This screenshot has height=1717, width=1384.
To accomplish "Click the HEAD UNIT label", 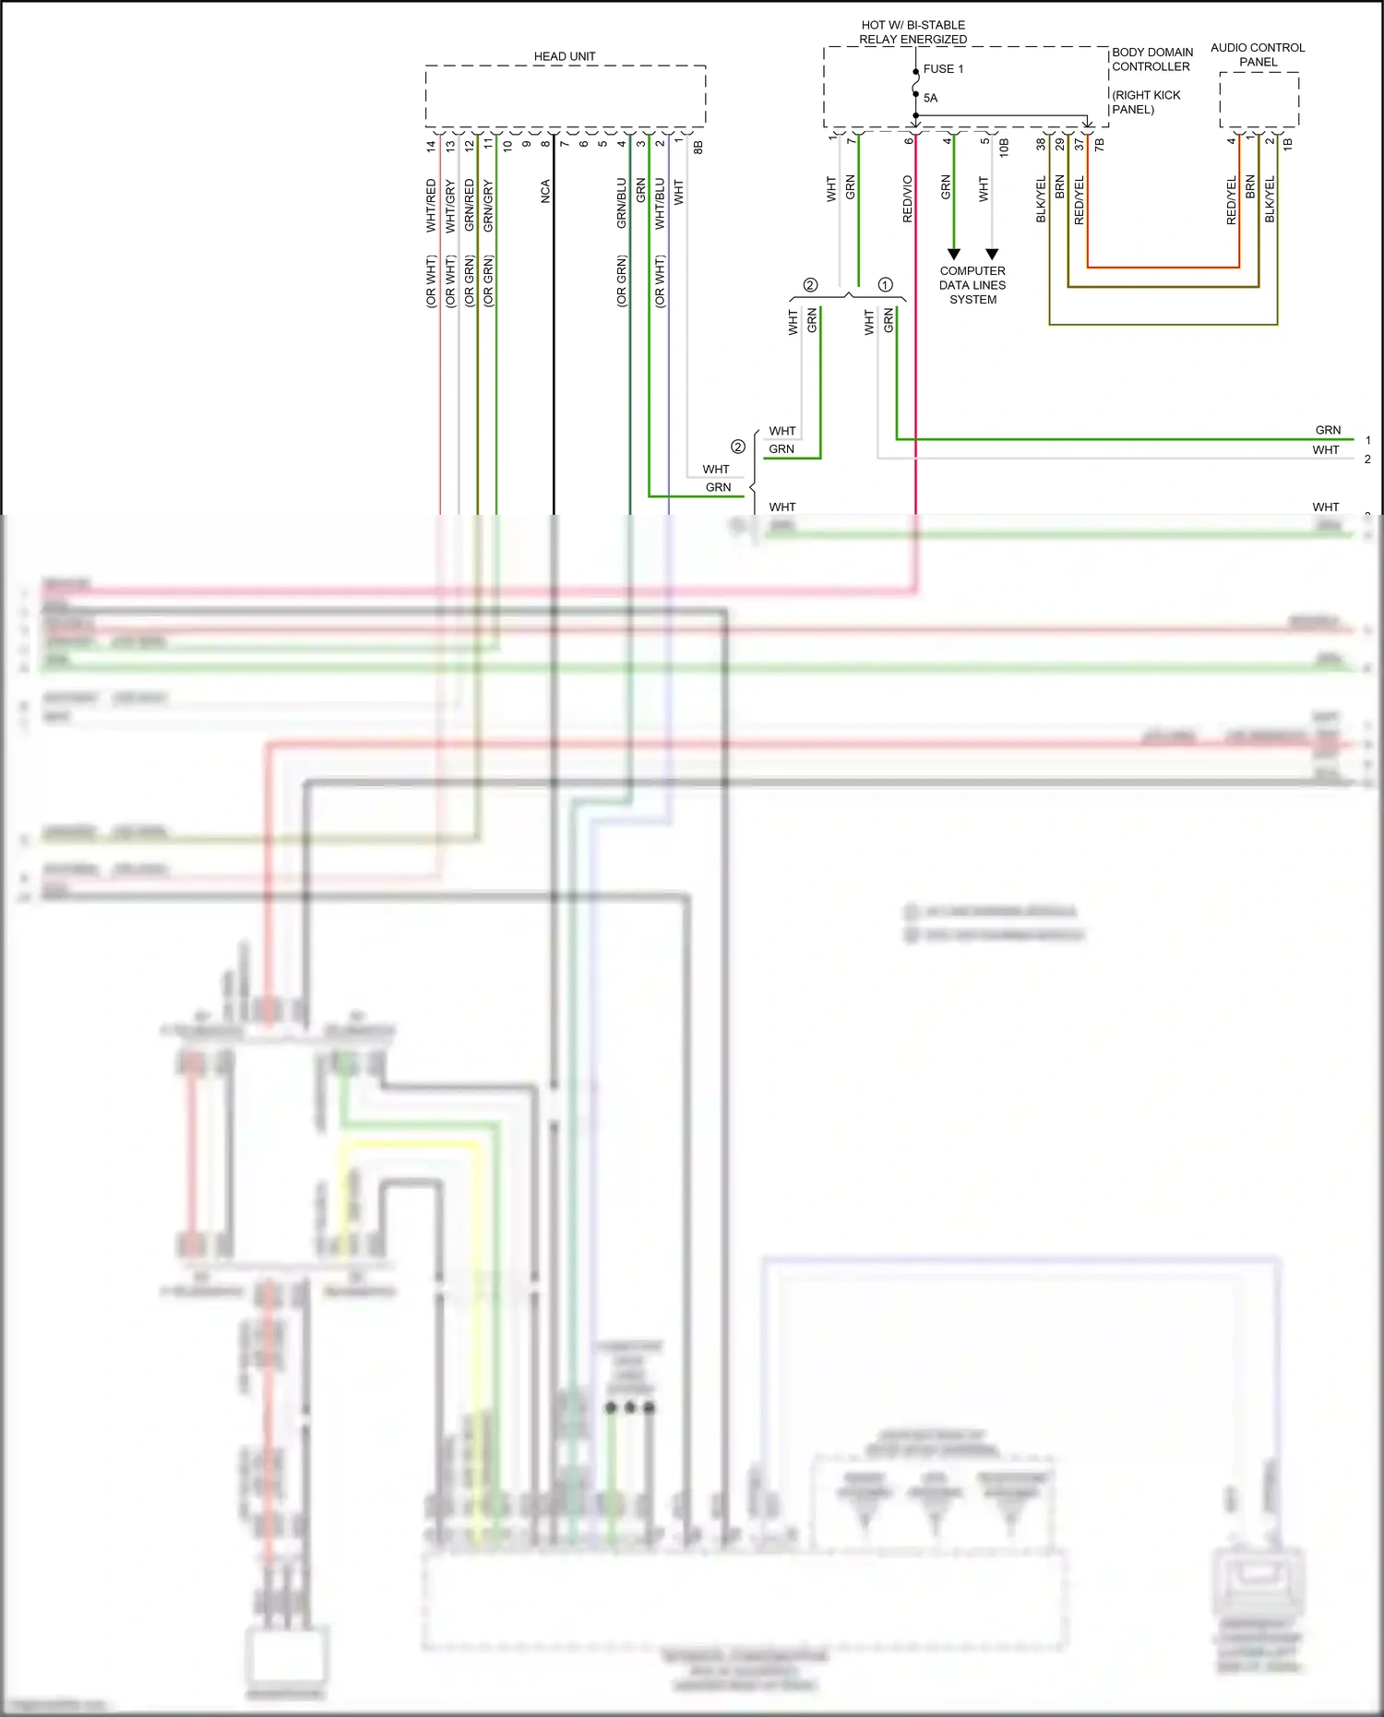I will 565,56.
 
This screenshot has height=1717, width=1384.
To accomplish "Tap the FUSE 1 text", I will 943,69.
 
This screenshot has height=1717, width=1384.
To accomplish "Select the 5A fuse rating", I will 930,98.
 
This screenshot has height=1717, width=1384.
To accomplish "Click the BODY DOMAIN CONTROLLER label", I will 1151,59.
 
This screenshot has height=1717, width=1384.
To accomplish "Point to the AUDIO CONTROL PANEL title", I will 1258,54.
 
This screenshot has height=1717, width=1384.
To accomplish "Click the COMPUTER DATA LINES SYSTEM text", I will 972,285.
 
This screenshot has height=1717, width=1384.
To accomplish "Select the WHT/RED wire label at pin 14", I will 431,205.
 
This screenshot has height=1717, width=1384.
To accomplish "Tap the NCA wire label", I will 545,191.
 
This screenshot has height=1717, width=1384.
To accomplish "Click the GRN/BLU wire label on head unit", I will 622,203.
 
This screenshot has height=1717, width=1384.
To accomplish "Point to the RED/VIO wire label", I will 908,198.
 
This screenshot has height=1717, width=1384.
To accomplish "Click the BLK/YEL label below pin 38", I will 1042,198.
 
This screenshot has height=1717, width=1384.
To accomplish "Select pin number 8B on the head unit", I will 698,147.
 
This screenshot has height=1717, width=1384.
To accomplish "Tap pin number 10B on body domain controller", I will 1004,146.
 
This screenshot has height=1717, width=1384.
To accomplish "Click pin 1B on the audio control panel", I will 1287,144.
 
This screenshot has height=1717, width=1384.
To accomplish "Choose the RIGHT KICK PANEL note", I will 1146,102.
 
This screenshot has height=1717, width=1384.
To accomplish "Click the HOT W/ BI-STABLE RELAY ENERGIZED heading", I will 913,32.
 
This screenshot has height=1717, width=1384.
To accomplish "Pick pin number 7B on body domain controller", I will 1099,145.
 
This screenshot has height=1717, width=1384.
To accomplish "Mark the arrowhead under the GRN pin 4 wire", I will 954,254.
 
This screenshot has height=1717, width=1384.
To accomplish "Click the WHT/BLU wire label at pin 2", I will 660,203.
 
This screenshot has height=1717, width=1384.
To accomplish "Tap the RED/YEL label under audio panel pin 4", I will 1232,200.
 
